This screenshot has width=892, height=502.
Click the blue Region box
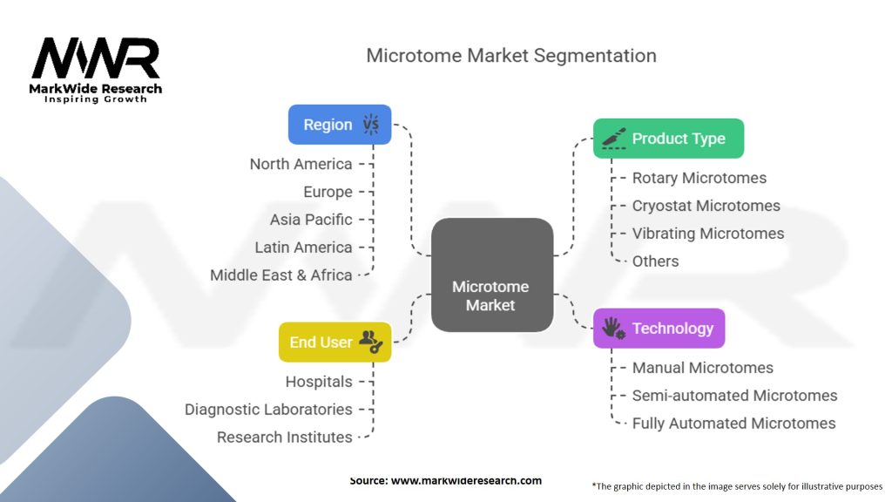[x=340, y=125]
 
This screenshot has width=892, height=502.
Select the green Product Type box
[x=668, y=139]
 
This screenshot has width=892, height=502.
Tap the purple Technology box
[x=659, y=329]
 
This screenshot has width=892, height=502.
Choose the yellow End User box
[x=334, y=342]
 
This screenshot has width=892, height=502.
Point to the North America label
[x=301, y=164]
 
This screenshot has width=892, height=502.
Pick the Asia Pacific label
[x=311, y=220]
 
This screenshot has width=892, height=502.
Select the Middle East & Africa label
[x=281, y=275]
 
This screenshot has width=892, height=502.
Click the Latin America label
[x=303, y=248]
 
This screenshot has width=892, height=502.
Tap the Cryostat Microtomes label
[x=706, y=206]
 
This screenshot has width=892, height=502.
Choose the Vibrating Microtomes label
[x=707, y=234]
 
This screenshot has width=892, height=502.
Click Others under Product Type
[x=655, y=261]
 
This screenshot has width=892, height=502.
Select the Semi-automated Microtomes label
[x=734, y=396]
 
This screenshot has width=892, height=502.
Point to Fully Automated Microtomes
[x=733, y=424]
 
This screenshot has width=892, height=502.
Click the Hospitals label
[x=319, y=382]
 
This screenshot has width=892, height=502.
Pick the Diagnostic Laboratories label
[x=268, y=409]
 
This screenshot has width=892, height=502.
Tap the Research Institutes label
[x=284, y=437]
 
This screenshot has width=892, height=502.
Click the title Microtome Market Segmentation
[x=510, y=55]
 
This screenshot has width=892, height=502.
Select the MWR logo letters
[x=96, y=58]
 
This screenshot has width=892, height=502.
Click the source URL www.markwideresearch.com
[x=466, y=480]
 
